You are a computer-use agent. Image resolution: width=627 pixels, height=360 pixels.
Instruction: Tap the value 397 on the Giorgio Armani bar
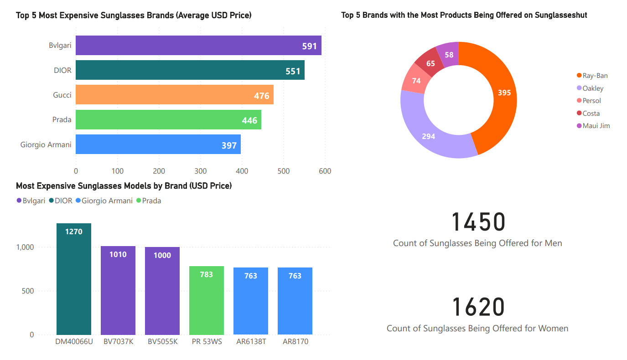(229, 145)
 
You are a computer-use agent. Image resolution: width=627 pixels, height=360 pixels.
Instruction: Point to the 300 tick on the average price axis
(201, 171)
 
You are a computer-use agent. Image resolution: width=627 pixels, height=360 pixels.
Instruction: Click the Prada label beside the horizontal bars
(62, 120)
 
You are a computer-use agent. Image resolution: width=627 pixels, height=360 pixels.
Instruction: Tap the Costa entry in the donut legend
(591, 113)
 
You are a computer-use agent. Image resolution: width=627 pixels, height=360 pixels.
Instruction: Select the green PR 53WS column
(206, 301)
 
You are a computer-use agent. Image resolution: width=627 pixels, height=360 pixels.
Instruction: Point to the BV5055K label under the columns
(162, 341)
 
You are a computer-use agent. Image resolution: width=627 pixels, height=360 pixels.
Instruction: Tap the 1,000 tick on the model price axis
(26, 247)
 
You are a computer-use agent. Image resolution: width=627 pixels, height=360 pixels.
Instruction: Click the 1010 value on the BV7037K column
(118, 254)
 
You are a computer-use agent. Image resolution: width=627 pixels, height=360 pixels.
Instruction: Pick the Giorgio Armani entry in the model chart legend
(107, 201)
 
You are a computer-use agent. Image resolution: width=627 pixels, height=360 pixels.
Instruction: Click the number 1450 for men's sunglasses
(478, 222)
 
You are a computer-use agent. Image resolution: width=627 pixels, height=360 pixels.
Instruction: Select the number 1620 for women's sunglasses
(478, 307)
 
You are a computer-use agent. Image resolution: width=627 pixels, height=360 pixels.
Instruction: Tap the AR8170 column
(295, 301)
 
